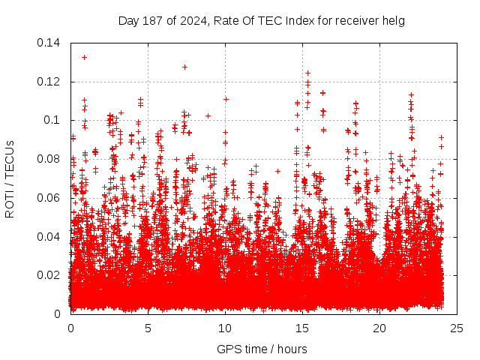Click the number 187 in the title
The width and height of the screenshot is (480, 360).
click(150, 20)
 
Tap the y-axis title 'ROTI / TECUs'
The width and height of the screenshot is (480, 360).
click(10, 178)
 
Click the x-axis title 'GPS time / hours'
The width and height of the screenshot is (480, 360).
click(262, 349)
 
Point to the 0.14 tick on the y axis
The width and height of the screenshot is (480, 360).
click(50, 43)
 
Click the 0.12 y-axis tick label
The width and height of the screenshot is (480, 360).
click(50, 82)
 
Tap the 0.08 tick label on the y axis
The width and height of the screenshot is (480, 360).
click(50, 159)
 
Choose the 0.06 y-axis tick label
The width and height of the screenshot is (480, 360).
click(50, 198)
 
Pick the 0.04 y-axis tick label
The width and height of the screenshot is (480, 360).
click(50, 237)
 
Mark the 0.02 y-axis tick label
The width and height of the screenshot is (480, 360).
click(50, 275)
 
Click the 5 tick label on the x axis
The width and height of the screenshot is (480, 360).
click(148, 328)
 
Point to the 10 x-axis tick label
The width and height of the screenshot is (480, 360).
click(225, 328)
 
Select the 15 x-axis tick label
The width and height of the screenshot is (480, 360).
click(302, 328)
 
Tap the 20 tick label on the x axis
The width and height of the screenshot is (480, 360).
click(379, 328)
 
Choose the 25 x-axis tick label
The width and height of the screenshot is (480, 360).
click(457, 328)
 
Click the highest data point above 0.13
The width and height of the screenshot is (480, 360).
click(84, 57)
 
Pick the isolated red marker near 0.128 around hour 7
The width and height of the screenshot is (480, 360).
click(184, 67)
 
